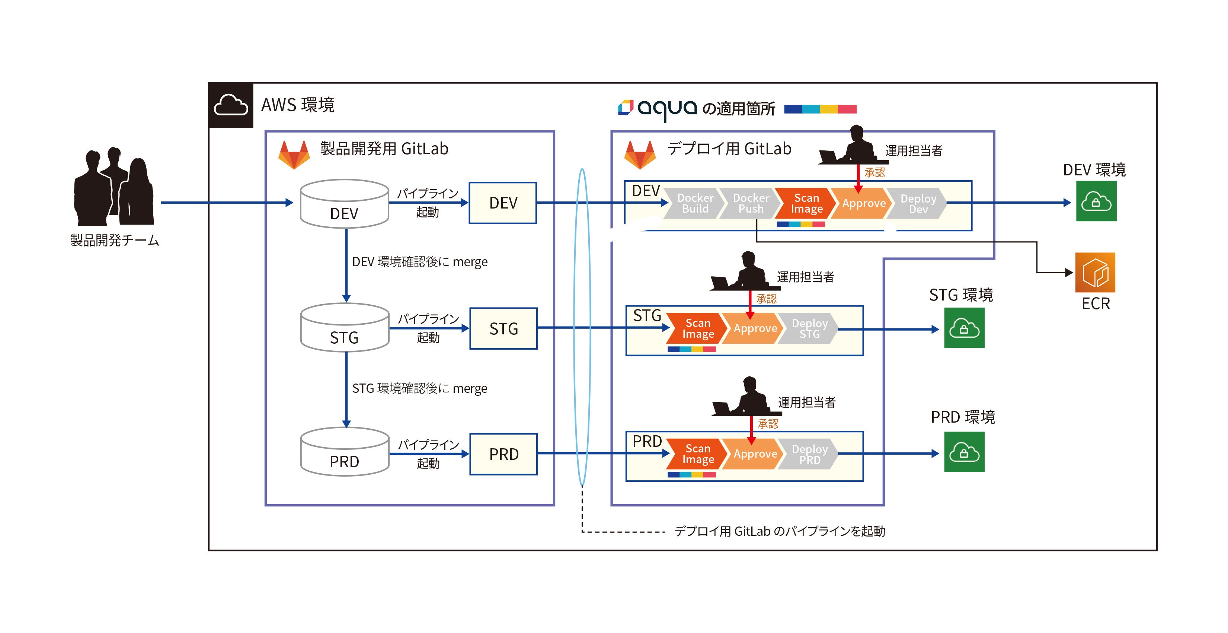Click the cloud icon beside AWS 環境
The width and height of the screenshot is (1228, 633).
click(231, 105)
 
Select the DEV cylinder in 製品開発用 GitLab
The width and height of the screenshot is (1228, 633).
click(344, 204)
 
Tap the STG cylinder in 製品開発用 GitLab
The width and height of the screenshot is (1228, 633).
click(345, 328)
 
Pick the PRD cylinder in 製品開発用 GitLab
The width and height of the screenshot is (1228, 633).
click(345, 452)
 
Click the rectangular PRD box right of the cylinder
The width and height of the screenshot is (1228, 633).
click(503, 454)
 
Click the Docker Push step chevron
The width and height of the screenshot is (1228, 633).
click(750, 203)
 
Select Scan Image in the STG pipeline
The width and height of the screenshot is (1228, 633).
click(697, 329)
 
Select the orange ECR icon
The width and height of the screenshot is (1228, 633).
click(1095, 272)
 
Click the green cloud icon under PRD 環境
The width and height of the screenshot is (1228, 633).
click(964, 452)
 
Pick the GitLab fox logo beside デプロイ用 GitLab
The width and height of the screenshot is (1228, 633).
click(640, 154)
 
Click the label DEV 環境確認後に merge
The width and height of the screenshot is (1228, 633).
click(419, 262)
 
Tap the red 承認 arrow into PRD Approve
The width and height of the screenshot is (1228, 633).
click(751, 429)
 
